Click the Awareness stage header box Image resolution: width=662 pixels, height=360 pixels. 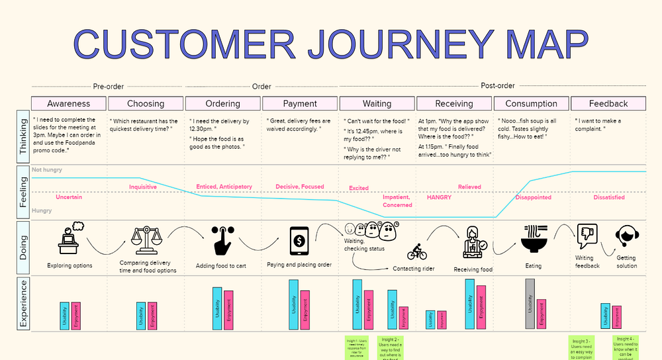click(69, 103)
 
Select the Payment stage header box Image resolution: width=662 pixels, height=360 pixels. click(300, 103)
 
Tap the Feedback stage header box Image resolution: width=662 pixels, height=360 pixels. click(608, 103)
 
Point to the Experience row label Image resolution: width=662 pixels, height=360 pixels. click(23, 304)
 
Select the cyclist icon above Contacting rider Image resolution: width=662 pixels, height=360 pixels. click(417, 252)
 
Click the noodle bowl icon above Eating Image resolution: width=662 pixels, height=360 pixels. click(533, 238)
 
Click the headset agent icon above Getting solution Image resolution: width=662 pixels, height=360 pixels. click(626, 236)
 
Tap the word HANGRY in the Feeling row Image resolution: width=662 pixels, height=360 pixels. click(439, 197)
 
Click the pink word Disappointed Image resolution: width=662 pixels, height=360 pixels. click(533, 197)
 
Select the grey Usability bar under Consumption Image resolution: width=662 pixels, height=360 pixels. click(530, 304)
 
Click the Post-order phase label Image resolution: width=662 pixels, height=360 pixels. click(498, 86)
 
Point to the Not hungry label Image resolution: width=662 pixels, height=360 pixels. click(47, 170)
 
